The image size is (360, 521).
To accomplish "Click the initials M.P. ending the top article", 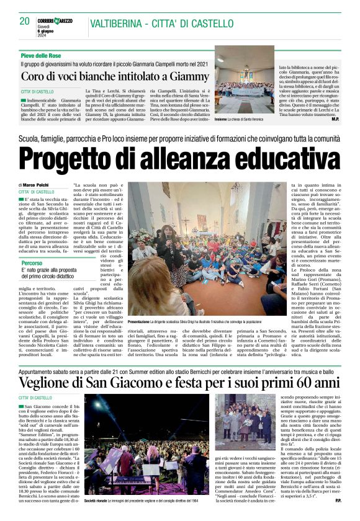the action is pyautogui.click(x=335, y=136).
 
